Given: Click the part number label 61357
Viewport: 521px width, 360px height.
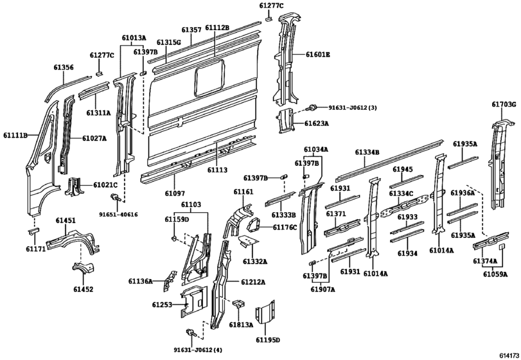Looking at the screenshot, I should pyautogui.click(x=191, y=30).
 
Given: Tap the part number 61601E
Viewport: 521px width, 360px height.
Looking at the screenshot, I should pyautogui.click(x=317, y=55).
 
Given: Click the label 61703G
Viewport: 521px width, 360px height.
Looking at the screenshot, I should pyautogui.click(x=504, y=104).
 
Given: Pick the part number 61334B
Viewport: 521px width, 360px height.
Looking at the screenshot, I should pyautogui.click(x=367, y=152).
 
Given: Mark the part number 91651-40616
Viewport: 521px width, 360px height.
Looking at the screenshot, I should pyautogui.click(x=118, y=214).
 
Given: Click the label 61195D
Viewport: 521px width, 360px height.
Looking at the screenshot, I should pyautogui.click(x=269, y=339).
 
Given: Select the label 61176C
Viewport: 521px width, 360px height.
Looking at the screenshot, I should pyautogui.click(x=285, y=227).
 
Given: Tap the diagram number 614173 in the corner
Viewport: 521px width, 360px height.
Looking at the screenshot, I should pyautogui.click(x=506, y=354).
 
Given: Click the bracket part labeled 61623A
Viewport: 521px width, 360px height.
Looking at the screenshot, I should pyautogui.click(x=286, y=121).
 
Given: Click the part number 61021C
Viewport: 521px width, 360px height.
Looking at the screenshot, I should pyautogui.click(x=105, y=184).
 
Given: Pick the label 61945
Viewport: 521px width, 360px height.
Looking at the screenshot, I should pyautogui.click(x=402, y=169).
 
